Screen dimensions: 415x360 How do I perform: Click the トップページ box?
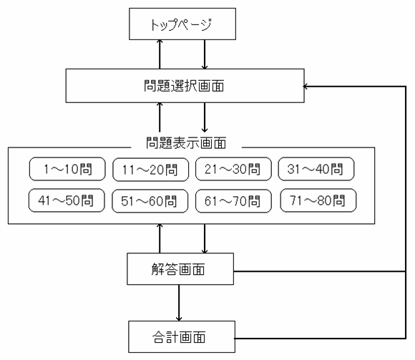[x=182, y=24]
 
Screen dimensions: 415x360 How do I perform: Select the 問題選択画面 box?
[x=185, y=85]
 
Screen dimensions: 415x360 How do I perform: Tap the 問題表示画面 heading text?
[x=186, y=143]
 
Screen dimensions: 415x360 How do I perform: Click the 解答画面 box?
[x=180, y=269]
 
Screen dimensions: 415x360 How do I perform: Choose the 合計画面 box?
[x=182, y=336]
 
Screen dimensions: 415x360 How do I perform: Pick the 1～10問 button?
[x=67, y=169]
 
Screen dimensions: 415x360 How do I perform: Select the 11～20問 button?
[x=150, y=170]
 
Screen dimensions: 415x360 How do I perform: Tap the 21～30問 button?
[x=233, y=169]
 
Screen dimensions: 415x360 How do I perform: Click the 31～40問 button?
[x=316, y=169]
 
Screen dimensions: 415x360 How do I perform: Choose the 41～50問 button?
[x=67, y=200]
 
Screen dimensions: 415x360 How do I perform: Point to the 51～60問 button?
[x=150, y=201]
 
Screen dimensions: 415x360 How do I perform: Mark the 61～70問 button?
[x=233, y=201]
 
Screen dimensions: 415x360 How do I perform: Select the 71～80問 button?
[x=318, y=200]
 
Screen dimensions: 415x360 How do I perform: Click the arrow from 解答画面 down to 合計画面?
[x=179, y=303]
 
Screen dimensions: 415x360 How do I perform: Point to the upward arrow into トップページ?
[x=160, y=54]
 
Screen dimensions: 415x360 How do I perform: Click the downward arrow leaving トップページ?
[x=205, y=54]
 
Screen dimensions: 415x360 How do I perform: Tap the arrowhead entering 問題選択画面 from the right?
[x=305, y=87]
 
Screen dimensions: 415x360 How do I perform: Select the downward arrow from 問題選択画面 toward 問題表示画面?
[x=205, y=117]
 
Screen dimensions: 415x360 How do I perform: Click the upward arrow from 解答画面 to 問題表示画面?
[x=160, y=238]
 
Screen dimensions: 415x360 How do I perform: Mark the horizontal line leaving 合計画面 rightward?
[x=321, y=339]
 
